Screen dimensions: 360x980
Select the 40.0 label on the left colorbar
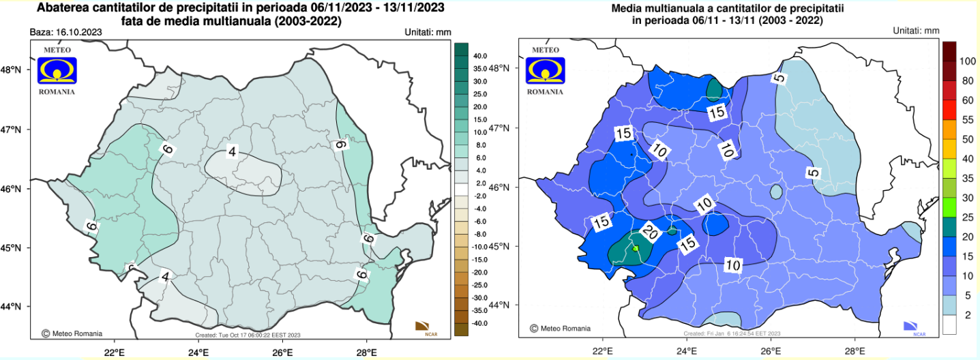(479, 56)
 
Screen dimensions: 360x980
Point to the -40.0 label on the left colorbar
(479, 322)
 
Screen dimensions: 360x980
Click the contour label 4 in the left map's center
(232, 152)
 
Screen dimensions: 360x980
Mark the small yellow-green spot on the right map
(636, 249)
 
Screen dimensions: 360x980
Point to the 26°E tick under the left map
(282, 352)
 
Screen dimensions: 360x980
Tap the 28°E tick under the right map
(855, 352)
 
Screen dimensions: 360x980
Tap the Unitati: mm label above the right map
(916, 31)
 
